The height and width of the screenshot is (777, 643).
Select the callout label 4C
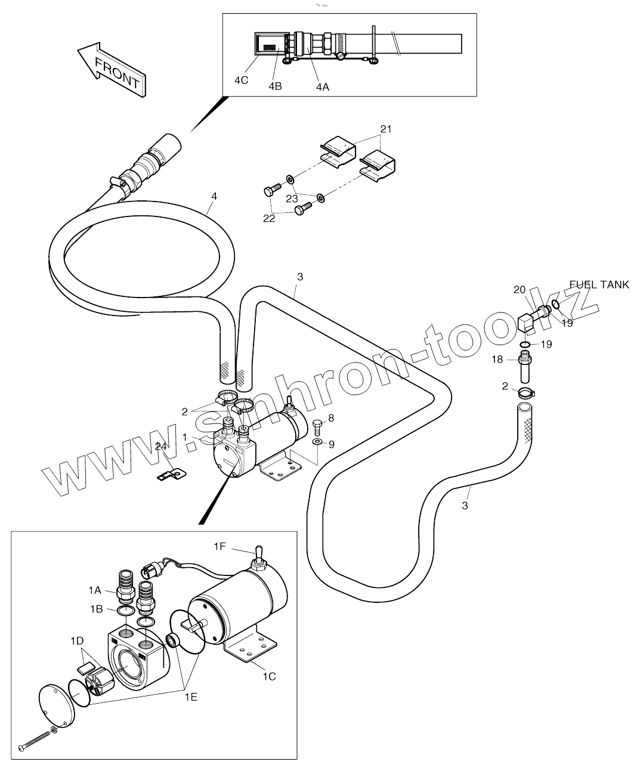241,81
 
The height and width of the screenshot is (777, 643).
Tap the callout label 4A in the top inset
322,86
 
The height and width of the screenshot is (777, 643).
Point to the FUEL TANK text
599,285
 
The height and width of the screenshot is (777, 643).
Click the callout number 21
386,129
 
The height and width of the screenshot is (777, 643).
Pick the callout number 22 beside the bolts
270,219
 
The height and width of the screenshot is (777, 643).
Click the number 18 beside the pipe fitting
497,359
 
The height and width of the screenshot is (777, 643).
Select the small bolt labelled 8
317,426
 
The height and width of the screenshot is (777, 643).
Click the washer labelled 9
317,442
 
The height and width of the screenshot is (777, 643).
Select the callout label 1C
269,676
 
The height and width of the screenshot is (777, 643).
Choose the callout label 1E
190,695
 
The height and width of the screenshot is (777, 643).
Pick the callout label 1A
95,590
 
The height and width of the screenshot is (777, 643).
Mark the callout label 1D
76,640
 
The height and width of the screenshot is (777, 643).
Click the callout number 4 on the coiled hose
214,195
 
